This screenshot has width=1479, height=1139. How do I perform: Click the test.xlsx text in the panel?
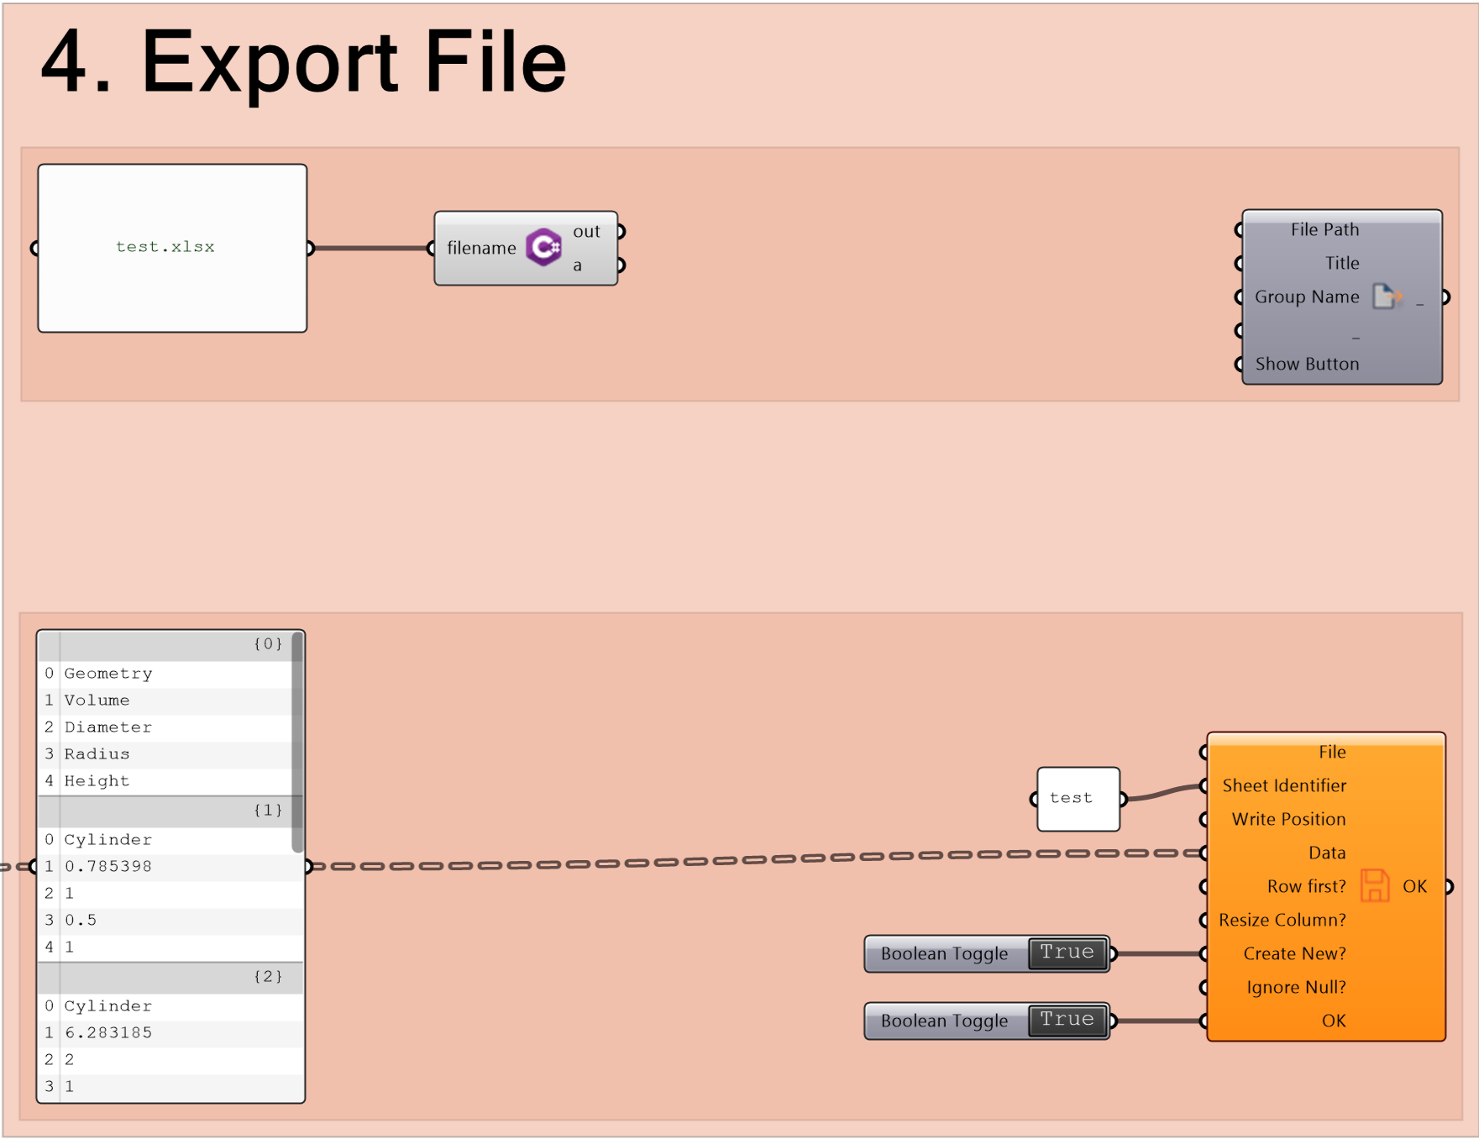point(165,247)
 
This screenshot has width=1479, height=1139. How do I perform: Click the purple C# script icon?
point(544,247)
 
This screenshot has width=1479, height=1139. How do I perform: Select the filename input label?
point(481,248)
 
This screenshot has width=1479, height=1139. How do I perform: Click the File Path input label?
point(1324,229)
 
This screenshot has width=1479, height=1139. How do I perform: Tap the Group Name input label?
point(1307,297)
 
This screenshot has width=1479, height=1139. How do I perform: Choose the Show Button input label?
point(1307,364)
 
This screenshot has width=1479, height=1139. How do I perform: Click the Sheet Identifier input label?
point(1284,785)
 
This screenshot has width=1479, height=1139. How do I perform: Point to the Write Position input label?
point(1288,819)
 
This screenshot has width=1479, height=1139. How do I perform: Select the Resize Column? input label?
point(1282,920)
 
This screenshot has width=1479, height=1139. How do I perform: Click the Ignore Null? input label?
point(1296,987)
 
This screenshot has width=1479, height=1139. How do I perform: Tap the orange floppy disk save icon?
point(1375,885)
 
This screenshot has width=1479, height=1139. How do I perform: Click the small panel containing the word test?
point(1078,799)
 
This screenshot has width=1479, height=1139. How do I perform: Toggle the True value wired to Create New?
point(1067,953)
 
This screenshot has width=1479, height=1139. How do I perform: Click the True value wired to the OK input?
point(1067,1021)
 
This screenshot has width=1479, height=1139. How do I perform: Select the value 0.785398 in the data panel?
point(108,866)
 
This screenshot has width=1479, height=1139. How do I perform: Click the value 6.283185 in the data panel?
point(108,1032)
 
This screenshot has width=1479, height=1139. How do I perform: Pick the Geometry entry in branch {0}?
point(108,674)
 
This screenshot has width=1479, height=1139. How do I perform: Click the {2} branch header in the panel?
point(268,976)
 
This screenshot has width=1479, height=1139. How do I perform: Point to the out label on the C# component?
point(586,231)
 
